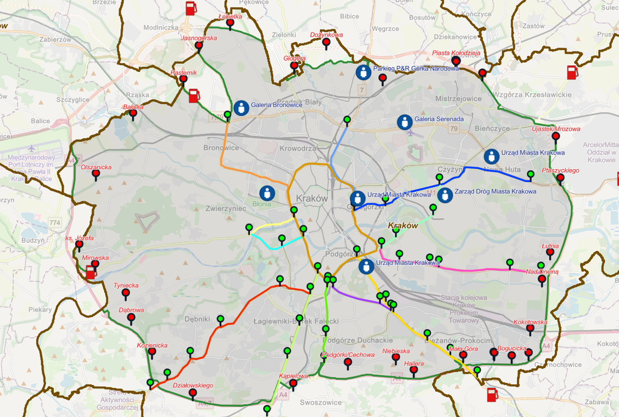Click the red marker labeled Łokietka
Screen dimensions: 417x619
click(230, 24)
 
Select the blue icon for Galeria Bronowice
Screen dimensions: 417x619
click(241, 108)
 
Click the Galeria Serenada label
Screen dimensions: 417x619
click(439, 119)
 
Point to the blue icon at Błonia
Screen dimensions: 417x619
click(267, 193)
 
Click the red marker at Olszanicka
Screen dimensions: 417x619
click(95, 173)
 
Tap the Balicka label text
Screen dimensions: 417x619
click(133, 107)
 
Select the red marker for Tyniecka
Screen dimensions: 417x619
click(126, 292)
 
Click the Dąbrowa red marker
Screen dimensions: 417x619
click(131, 317)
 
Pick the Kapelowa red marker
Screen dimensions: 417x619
click(293, 383)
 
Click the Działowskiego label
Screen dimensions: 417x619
click(193, 385)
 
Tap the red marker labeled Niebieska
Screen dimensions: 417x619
click(396, 358)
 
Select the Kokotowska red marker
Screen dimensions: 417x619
click(530, 329)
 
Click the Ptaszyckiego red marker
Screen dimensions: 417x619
click(560, 178)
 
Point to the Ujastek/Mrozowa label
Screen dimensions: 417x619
click(556, 129)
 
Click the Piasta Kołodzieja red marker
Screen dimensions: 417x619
click(456, 61)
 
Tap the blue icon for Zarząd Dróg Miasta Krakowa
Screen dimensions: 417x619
click(444, 193)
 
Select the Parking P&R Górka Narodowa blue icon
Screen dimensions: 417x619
click(363, 72)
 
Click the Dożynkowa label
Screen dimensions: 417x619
click(326, 35)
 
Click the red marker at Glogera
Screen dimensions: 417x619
click(295, 65)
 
